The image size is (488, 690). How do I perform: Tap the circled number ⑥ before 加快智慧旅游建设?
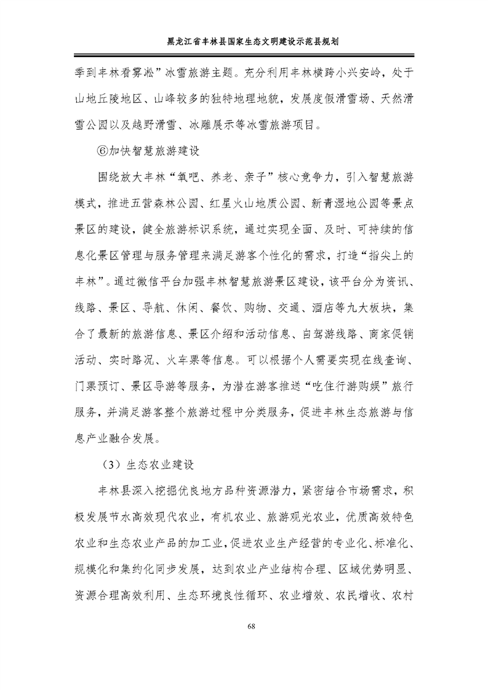(105, 150)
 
